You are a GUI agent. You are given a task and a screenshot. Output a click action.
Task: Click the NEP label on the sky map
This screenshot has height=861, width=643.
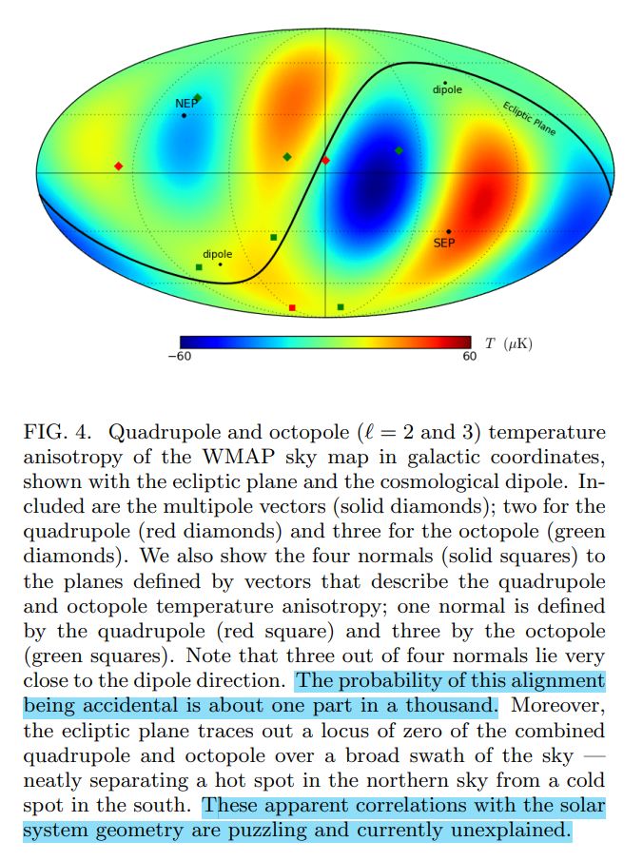coord(185,103)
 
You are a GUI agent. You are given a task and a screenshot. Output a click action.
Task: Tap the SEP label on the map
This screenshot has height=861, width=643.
coord(444,243)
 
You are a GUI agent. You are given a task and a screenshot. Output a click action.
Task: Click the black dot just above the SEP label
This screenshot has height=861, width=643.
coord(449,231)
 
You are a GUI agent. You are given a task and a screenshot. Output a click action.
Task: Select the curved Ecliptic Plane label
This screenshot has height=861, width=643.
coord(529,118)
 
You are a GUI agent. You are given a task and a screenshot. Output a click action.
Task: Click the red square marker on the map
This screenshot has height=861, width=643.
coord(292,307)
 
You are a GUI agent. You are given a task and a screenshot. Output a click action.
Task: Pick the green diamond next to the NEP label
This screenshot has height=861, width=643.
coord(197,98)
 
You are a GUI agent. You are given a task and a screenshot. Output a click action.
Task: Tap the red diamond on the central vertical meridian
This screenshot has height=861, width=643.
coord(325,160)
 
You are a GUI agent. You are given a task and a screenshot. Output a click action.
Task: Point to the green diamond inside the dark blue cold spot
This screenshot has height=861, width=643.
coord(399,150)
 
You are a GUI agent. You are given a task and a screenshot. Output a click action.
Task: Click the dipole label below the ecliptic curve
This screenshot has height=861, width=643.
coord(217,254)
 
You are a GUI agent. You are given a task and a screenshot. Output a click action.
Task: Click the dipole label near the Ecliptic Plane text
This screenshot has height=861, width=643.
coord(447,90)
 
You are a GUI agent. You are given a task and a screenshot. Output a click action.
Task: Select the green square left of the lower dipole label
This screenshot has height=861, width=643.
coord(199,267)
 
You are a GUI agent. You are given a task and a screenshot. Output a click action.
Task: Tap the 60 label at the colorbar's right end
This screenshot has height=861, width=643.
coord(469,357)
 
